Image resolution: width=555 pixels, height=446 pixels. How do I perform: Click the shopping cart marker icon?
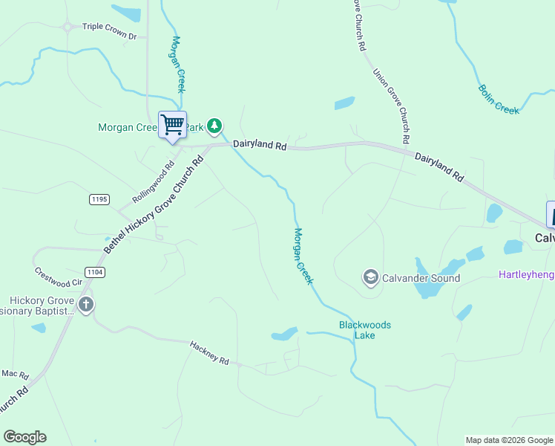(172, 124)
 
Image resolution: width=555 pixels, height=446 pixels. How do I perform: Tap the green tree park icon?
(214, 126)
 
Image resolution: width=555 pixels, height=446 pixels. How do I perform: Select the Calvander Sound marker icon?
(370, 278)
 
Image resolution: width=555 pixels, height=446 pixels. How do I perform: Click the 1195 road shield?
(99, 199)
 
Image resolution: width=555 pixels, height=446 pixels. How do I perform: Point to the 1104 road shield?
(94, 272)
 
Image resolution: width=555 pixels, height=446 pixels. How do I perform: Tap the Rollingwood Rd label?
(153, 183)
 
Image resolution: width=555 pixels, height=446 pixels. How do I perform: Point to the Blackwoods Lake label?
(365, 330)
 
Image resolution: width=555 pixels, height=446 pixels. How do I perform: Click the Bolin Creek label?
(499, 99)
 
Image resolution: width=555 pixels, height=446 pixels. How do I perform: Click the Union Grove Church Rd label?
(392, 106)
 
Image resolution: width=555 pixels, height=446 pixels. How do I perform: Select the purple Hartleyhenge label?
(526, 275)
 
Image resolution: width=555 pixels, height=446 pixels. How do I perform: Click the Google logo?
(24, 437)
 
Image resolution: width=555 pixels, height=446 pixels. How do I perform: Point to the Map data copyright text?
(508, 440)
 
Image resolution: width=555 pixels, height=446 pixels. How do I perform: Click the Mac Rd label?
(14, 373)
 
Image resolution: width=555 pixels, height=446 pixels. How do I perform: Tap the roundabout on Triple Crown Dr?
(68, 28)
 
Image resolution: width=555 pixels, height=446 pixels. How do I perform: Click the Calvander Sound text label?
(421, 278)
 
